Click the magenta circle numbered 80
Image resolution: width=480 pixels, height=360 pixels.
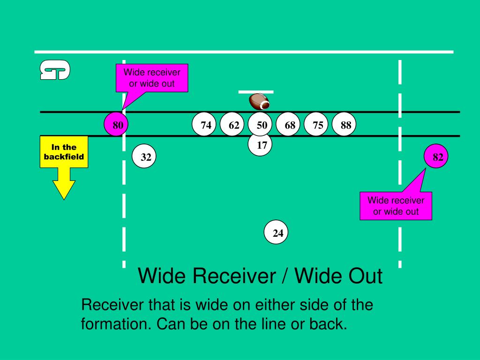pyautogui.click(x=116, y=124)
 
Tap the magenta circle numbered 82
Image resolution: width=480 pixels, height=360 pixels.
pyautogui.click(x=436, y=156)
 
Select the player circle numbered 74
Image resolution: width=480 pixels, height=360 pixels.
pyautogui.click(x=204, y=124)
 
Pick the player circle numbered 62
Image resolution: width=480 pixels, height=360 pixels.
pyautogui.click(x=232, y=124)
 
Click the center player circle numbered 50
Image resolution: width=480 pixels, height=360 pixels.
pyautogui.click(x=260, y=124)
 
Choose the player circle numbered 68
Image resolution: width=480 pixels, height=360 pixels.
pyautogui.click(x=288, y=124)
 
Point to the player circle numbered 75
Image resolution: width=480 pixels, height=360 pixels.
pyautogui.click(x=316, y=124)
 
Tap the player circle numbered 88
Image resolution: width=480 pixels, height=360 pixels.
pyautogui.click(x=344, y=124)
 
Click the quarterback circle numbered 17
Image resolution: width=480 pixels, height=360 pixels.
pyautogui.click(x=260, y=144)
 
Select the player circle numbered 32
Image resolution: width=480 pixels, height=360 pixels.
pyautogui.click(x=144, y=156)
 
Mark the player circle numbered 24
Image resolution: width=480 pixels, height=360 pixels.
pyautogui.click(x=276, y=232)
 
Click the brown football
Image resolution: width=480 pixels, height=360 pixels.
pyautogui.click(x=260, y=102)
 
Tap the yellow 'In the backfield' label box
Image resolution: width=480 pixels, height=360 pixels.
pyautogui.click(x=64, y=152)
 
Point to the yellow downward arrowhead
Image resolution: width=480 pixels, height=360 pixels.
pyautogui.click(x=64, y=189)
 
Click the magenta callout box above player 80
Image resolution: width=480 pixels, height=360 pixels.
pyautogui.click(x=152, y=78)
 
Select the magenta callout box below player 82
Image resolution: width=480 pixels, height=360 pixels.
pyautogui.click(x=396, y=206)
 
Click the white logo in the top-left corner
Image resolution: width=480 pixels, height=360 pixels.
pyautogui.click(x=55, y=70)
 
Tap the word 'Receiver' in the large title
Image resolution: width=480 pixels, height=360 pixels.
pyautogui.click(x=234, y=276)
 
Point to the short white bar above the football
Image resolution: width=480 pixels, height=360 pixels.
pyautogui.click(x=256, y=92)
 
